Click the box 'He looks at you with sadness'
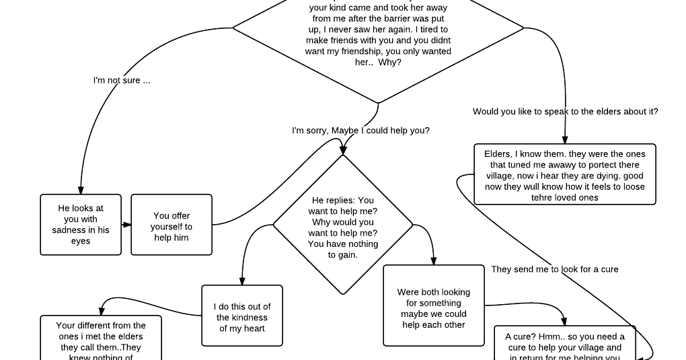[81, 225]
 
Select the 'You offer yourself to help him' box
[171, 225]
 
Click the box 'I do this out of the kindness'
[242, 316]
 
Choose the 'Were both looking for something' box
[434, 306]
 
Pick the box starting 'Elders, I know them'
[564, 174]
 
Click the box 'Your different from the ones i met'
[101, 338]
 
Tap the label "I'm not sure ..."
[122, 80]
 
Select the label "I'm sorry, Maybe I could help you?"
[360, 131]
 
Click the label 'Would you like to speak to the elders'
[565, 112]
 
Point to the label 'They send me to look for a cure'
[554, 269]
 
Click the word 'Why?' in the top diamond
[390, 63]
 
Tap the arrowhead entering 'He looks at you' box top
[81, 190]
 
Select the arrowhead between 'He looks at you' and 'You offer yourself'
[127, 225]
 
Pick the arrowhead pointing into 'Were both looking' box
[434, 261]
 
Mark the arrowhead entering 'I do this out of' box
[242, 281]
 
